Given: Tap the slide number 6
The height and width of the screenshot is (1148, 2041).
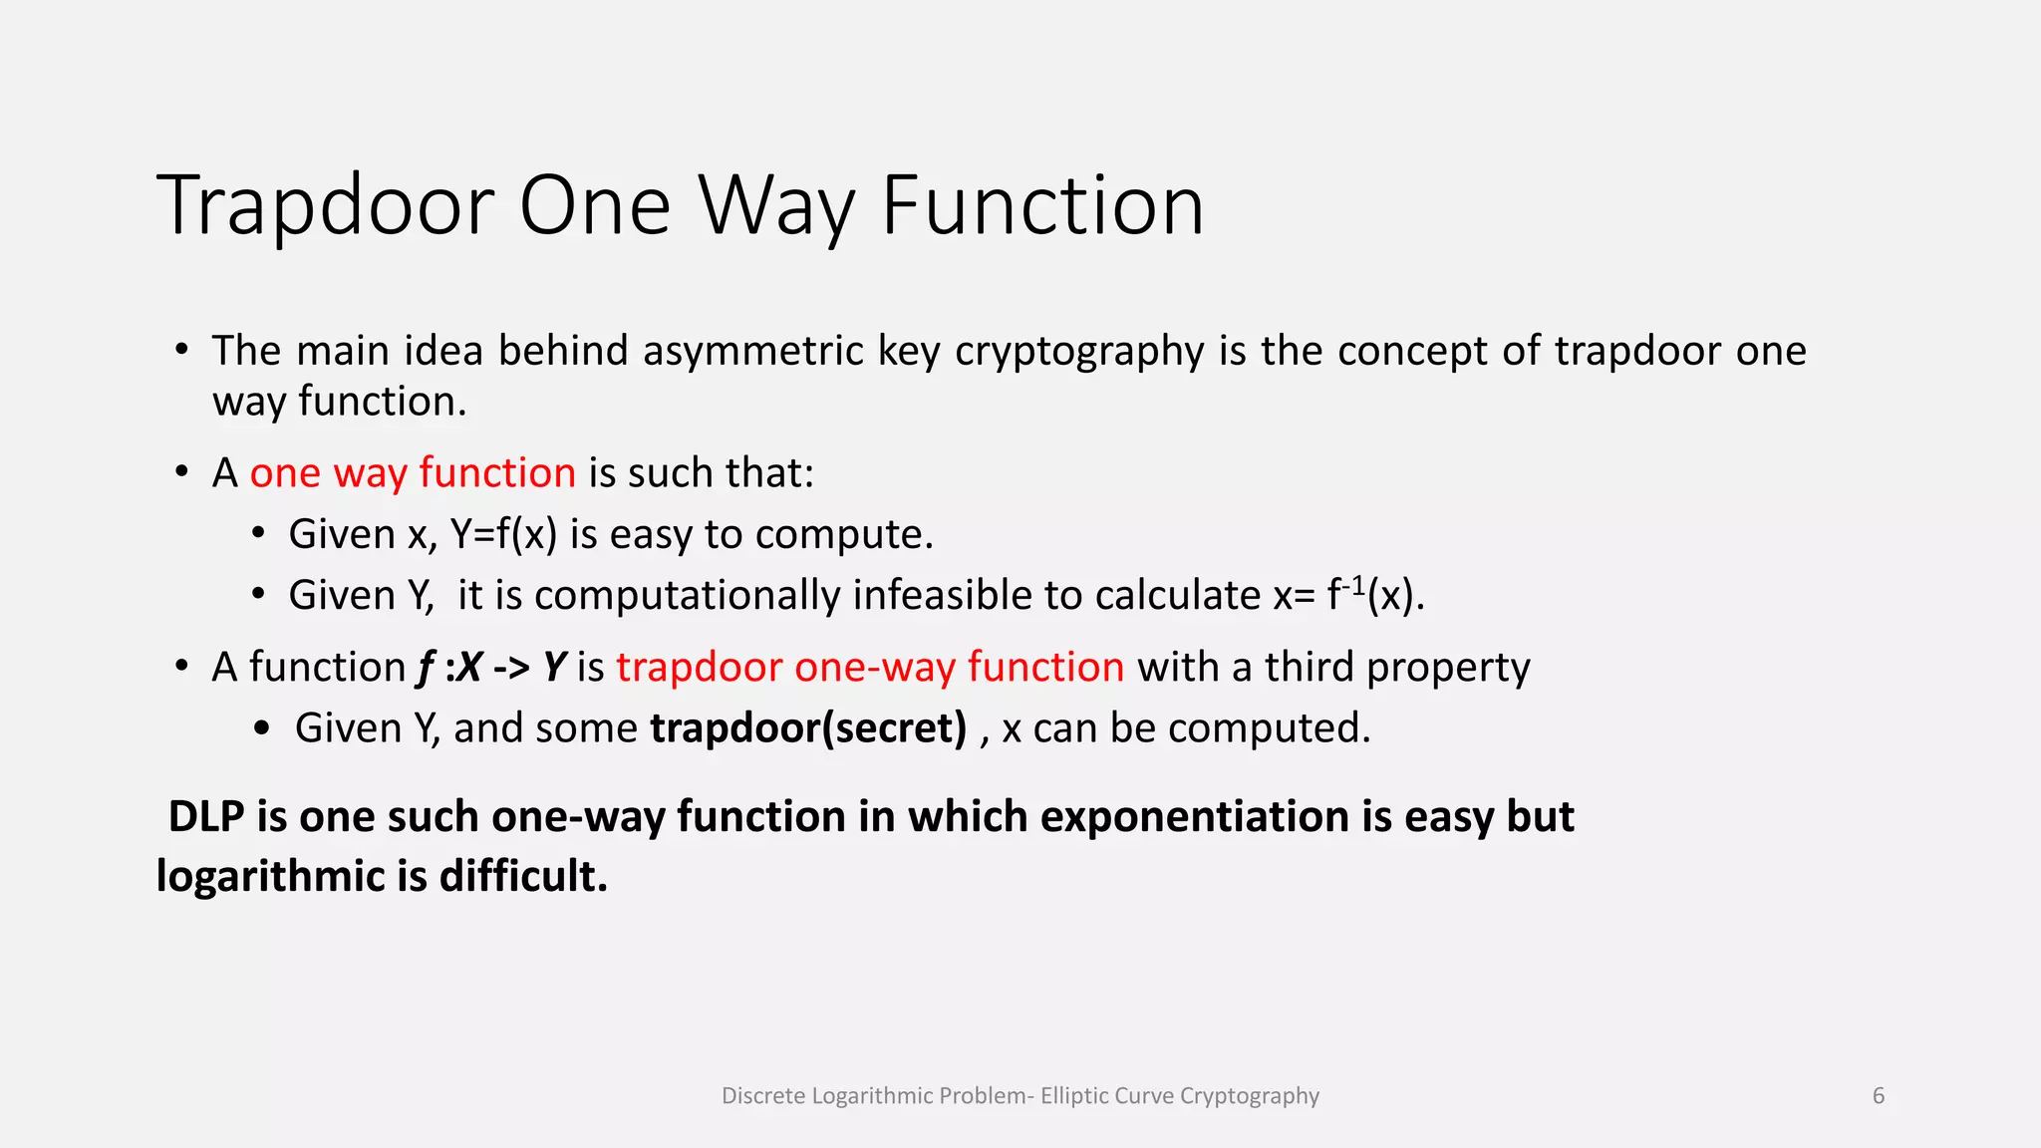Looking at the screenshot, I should tap(1878, 1096).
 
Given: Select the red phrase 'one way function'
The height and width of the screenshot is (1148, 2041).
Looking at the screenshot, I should tap(413, 472).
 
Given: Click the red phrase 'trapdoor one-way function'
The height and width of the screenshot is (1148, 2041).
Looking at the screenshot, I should tap(870, 667).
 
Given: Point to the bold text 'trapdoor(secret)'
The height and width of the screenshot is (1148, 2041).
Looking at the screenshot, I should tap(808, 728).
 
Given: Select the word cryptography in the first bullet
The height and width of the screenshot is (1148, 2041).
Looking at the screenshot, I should tap(1079, 351).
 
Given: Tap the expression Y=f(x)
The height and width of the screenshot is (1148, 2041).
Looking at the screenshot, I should tap(503, 535).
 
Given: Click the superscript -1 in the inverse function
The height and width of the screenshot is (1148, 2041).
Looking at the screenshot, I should tap(1352, 587).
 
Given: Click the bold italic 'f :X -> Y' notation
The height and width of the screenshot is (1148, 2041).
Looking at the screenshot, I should tap(491, 667).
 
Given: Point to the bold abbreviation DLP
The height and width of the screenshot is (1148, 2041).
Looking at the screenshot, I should tap(206, 817).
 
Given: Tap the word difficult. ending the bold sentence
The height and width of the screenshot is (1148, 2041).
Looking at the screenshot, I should tap(523, 877).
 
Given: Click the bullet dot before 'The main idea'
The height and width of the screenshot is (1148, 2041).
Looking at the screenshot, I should tap(181, 350).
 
